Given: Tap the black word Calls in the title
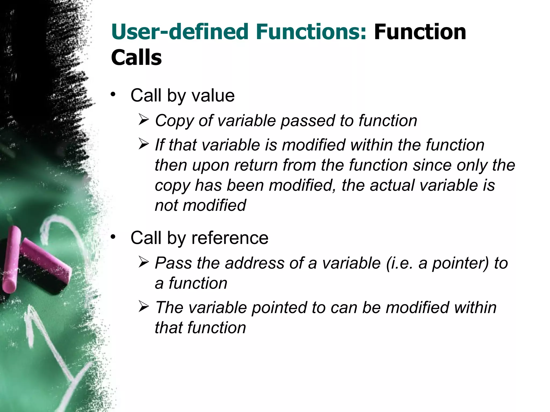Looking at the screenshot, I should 136,58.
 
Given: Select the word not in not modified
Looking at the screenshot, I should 167,205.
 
